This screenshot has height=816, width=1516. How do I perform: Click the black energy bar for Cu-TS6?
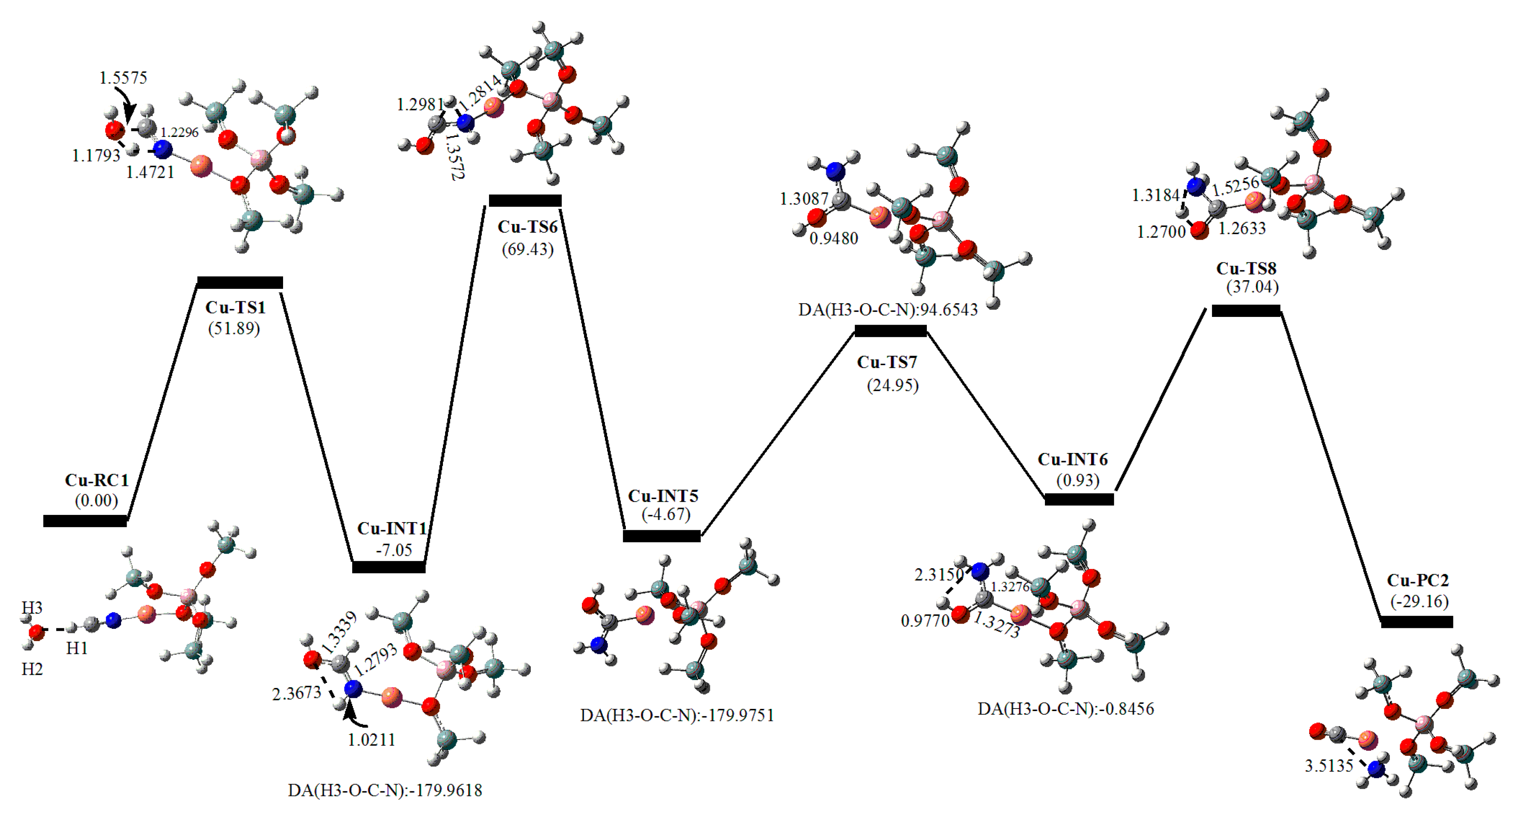tap(525, 201)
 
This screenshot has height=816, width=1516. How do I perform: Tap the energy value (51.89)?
tap(234, 328)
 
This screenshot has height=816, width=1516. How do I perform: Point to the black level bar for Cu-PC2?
tap(1417, 622)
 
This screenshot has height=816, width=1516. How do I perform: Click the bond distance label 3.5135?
tap(1329, 766)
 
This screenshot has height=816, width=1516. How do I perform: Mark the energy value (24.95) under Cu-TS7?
tap(892, 386)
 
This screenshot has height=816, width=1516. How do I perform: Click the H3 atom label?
tap(32, 607)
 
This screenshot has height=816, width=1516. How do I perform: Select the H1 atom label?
tap(77, 648)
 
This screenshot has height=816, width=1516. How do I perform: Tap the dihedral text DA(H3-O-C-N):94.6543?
tap(888, 310)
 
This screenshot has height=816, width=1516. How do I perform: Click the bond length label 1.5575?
tap(123, 78)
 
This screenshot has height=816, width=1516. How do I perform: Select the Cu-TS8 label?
tap(1246, 268)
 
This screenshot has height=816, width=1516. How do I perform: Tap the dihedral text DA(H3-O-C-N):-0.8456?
tap(1065, 709)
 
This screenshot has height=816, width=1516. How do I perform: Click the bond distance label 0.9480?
tap(833, 238)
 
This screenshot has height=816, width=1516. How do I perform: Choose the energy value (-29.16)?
tap(1419, 602)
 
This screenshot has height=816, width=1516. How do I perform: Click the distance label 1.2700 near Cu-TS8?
tap(1160, 232)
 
